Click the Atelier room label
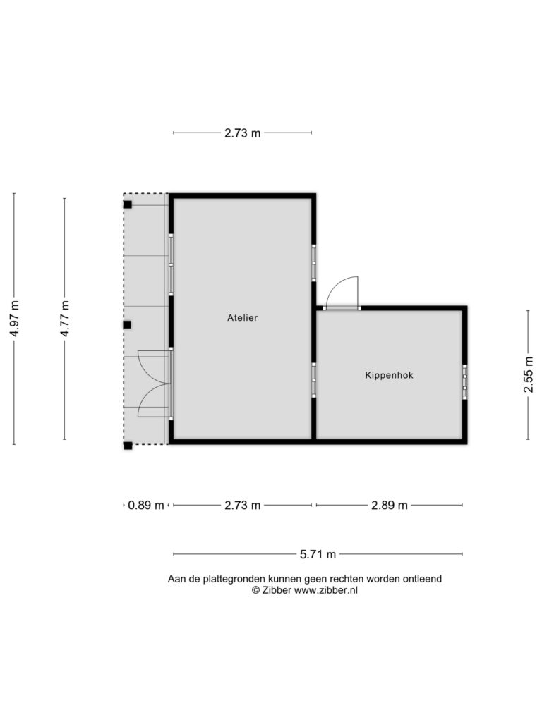point(242,318)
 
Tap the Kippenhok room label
point(389,375)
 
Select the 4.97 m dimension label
point(14,318)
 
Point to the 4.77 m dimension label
point(64,318)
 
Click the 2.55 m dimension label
point(528,375)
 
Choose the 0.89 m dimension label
point(146,505)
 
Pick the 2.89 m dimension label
point(390,505)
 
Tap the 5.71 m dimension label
point(318,554)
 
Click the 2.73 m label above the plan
point(243,133)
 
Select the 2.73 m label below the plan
point(243,505)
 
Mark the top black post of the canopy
point(127,204)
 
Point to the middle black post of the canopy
point(127,324)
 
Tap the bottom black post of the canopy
point(128,446)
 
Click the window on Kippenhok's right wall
point(464,381)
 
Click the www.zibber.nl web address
point(326,590)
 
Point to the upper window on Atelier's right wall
point(313,263)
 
